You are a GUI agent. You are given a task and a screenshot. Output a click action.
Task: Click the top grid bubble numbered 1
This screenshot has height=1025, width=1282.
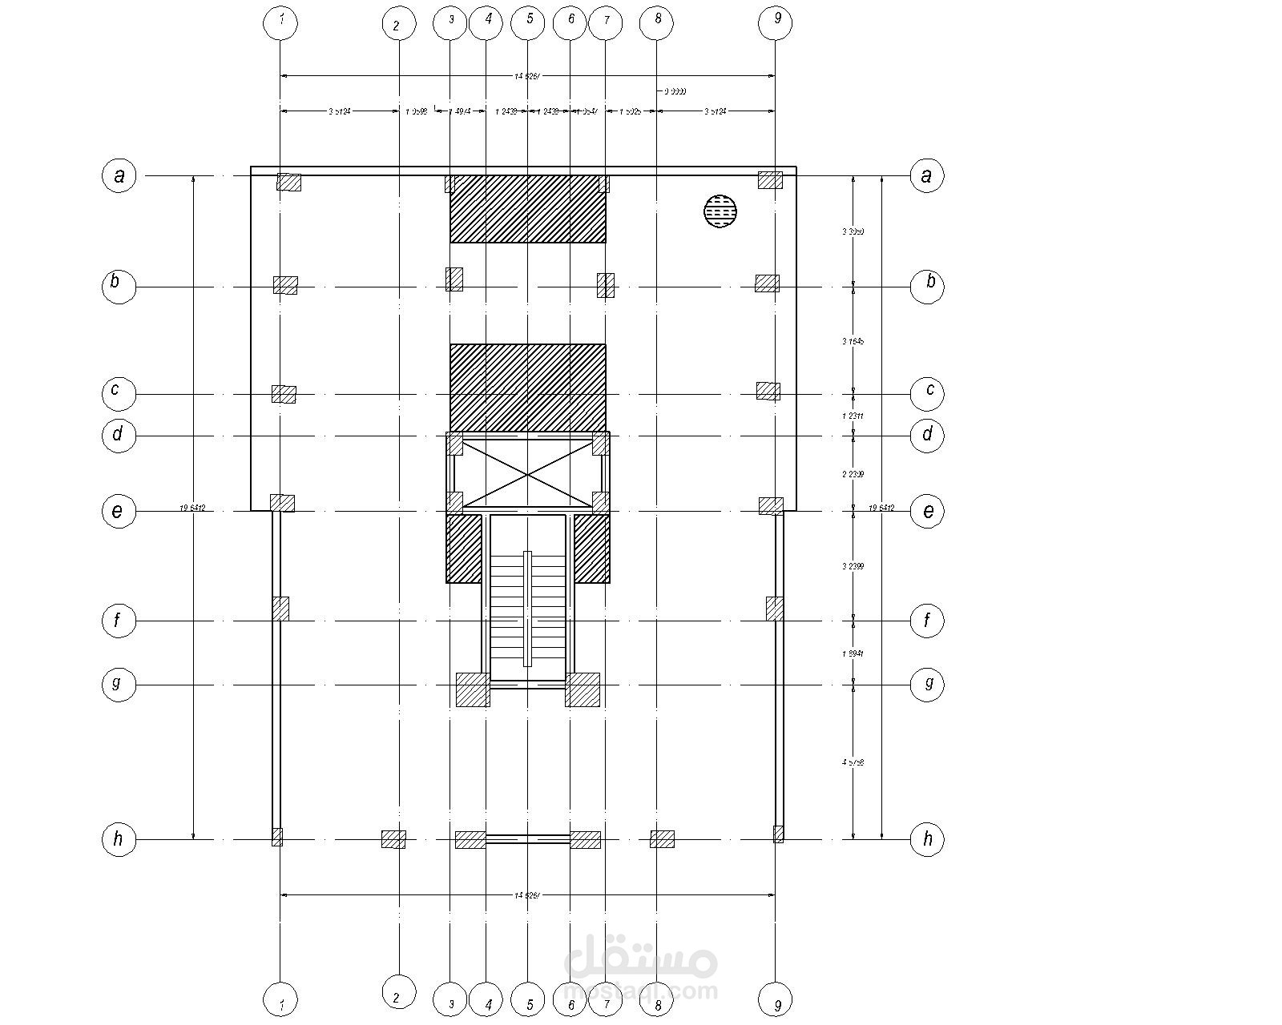(x=280, y=23)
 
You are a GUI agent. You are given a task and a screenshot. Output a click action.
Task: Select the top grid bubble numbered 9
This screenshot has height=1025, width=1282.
(x=775, y=23)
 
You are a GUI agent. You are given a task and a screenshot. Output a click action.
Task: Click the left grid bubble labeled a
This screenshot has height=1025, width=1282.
(x=119, y=175)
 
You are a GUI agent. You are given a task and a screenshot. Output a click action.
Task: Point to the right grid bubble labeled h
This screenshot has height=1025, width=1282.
(x=928, y=839)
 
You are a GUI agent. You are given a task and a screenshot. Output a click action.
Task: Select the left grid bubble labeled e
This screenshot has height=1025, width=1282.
(x=119, y=511)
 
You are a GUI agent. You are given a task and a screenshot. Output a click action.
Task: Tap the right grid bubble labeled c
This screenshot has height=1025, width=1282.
(x=928, y=392)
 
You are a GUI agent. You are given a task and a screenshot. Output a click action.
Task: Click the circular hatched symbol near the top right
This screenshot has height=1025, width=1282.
(x=720, y=211)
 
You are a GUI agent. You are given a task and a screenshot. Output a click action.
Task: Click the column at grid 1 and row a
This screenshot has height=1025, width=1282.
(x=288, y=182)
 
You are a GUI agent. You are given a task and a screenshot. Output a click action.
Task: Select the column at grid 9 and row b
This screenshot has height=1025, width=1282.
(x=767, y=283)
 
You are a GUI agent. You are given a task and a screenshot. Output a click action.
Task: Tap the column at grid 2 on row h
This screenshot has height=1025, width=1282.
(x=393, y=839)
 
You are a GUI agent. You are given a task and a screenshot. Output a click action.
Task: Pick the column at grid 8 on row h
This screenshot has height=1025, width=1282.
(x=662, y=839)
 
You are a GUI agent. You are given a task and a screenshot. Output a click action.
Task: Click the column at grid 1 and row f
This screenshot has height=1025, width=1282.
(x=280, y=609)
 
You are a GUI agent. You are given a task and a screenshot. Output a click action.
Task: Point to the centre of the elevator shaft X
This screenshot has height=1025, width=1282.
(x=527, y=474)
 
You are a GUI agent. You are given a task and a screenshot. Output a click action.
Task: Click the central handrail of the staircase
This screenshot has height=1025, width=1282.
(x=527, y=609)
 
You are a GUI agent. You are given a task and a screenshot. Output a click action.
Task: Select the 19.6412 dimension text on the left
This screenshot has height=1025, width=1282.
(x=193, y=508)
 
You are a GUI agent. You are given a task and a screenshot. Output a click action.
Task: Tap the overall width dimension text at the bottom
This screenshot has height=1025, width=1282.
(x=527, y=894)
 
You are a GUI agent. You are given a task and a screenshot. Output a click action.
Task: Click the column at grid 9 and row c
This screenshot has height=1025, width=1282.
(x=768, y=391)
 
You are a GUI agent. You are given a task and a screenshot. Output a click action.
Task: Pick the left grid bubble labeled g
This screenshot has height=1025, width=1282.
(x=119, y=685)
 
